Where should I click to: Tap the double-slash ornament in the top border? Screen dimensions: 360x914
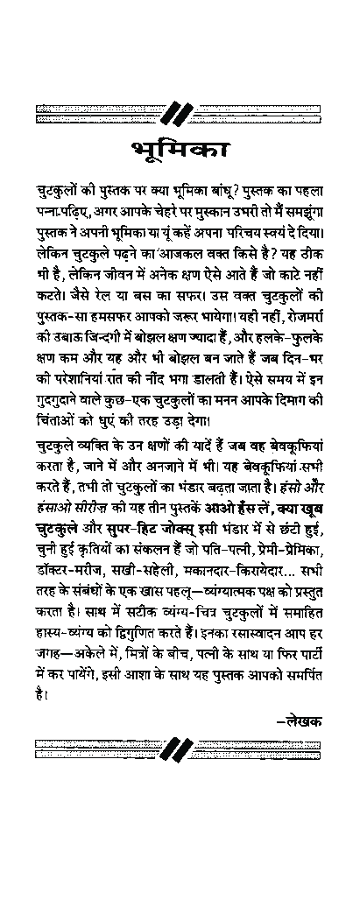point(179,113)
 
